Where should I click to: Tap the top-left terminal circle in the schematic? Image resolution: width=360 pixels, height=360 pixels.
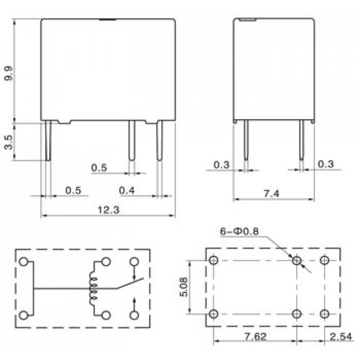[x=24, y=262]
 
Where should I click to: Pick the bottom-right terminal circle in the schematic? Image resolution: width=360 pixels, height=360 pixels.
[x=134, y=315]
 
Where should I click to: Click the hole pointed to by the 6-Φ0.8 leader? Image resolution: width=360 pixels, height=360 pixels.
[x=297, y=260]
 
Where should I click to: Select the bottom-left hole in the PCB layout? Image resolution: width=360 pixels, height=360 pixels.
[x=214, y=314]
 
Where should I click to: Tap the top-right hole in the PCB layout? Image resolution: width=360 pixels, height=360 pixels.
[x=325, y=260]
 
